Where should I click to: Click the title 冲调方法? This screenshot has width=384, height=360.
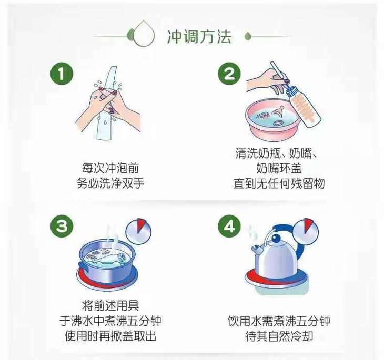point(199,37)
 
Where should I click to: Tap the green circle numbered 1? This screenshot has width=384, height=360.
point(62,74)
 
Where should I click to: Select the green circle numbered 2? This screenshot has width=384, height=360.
point(229,74)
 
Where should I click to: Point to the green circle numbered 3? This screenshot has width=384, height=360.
point(62,226)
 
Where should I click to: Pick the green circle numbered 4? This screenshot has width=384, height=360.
point(229,226)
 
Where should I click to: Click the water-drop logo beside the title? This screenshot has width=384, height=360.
point(144,34)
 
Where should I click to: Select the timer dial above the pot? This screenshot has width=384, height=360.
point(138,231)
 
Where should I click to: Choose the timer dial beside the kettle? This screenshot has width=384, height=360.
point(306,231)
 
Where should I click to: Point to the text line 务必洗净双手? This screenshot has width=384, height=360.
point(110,183)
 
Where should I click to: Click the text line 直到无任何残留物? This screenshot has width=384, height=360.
point(279,183)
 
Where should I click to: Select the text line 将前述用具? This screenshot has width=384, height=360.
point(110,305)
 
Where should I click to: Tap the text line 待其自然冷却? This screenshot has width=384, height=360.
point(279,336)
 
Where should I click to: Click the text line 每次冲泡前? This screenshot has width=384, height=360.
point(110,168)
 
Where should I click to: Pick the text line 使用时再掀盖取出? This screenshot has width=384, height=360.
point(110,336)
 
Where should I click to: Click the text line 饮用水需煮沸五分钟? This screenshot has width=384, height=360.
point(279,321)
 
